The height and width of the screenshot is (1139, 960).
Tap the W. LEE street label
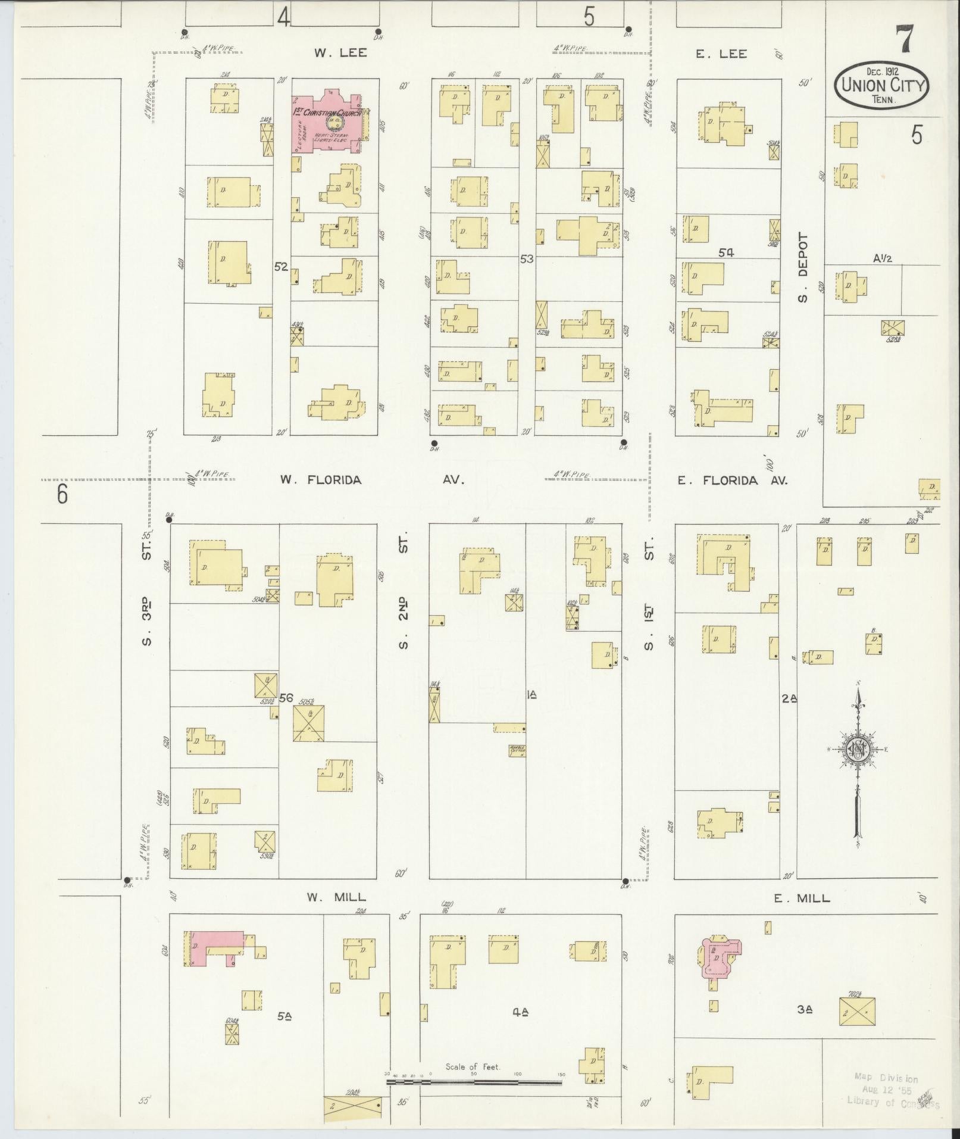pos(340,53)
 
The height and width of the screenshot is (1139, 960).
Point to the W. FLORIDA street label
pos(321,480)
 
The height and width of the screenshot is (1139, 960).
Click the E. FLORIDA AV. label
pos(732,480)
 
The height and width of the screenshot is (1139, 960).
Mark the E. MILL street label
pos(802,898)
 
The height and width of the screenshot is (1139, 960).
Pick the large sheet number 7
pos(905,40)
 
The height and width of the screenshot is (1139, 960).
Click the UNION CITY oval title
pos(881,86)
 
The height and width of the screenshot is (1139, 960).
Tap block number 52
pos(281,267)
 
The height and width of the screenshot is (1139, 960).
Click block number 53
pos(526,259)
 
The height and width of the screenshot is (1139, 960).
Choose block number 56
pos(286,698)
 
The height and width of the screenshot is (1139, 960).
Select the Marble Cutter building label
pos(517,751)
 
